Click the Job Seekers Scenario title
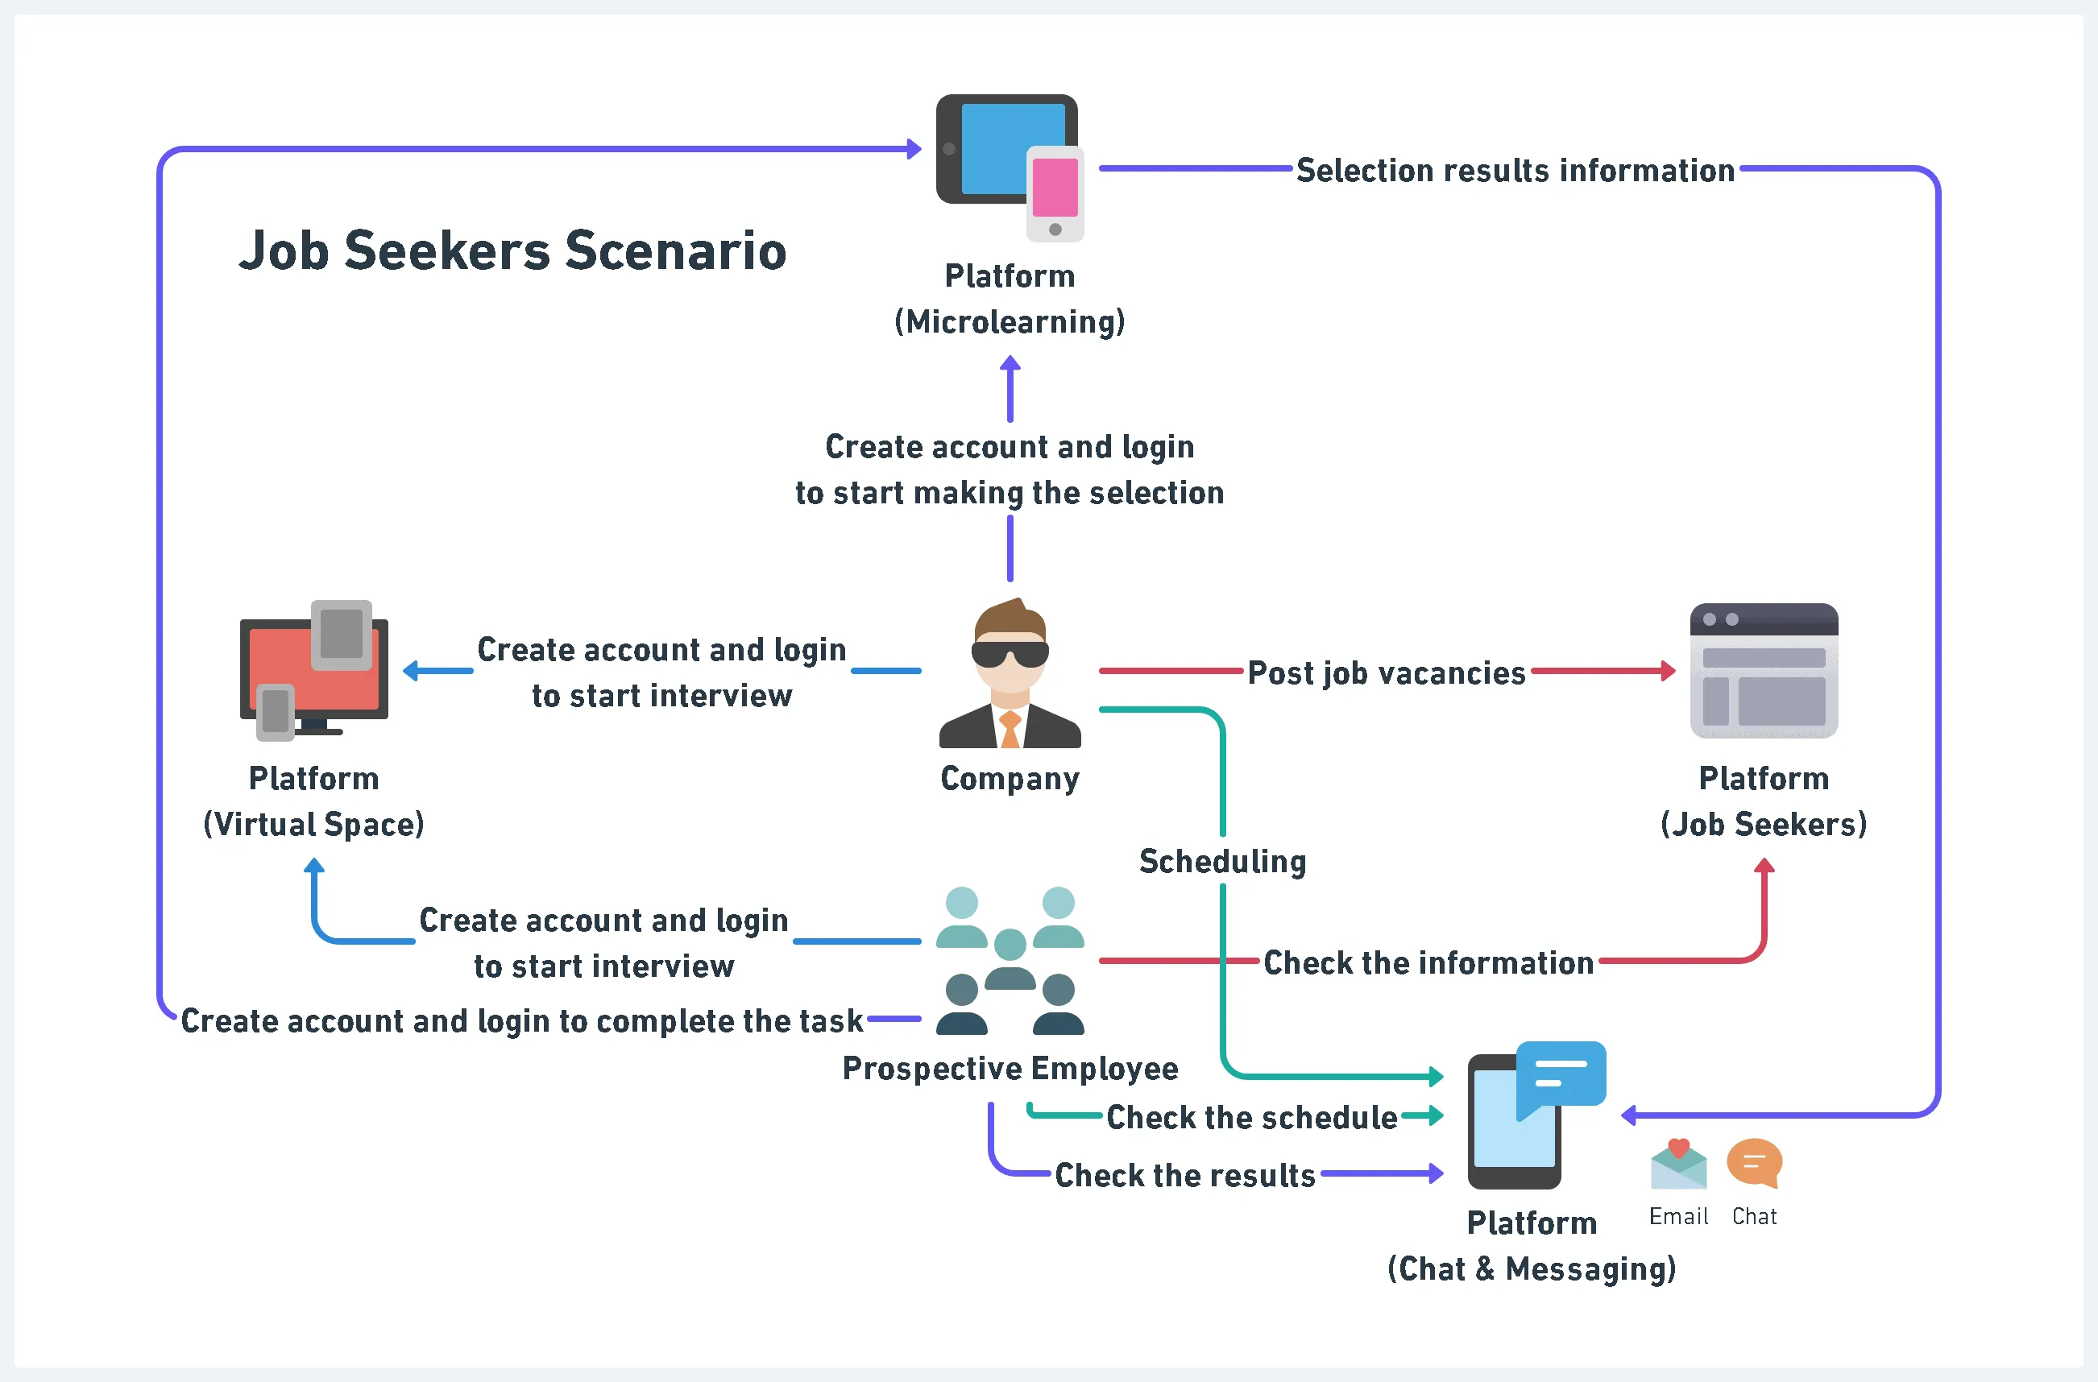512,250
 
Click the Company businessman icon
1010,673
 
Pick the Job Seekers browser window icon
1763,671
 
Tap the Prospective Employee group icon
1010,960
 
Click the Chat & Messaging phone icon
1534,1115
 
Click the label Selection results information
1515,170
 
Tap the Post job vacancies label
1386,673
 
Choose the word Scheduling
1223,861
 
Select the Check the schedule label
1252,1118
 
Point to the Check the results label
1184,1176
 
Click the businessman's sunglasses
1010,654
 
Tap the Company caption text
1010,778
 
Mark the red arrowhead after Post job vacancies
1668,671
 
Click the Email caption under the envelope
1678,1216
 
